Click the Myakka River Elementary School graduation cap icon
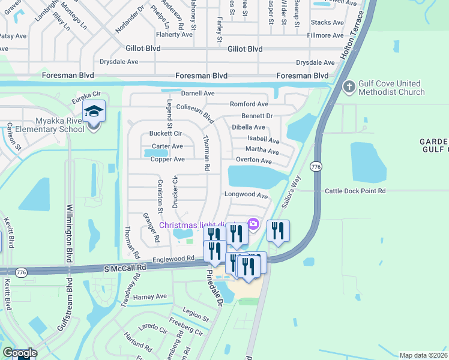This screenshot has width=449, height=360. [94, 111]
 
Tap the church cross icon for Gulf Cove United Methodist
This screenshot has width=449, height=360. [349, 87]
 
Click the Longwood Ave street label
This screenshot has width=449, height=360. [246, 195]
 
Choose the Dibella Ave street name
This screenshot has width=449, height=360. [248, 127]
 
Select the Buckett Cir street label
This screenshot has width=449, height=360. [166, 133]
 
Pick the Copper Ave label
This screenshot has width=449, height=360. [167, 160]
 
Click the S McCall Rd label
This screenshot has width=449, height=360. [125, 268]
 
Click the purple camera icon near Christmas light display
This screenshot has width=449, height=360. [253, 224]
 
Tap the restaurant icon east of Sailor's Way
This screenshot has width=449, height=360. [278, 230]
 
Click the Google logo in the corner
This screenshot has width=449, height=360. [19, 353]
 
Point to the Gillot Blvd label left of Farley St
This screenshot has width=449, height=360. [142, 49]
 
